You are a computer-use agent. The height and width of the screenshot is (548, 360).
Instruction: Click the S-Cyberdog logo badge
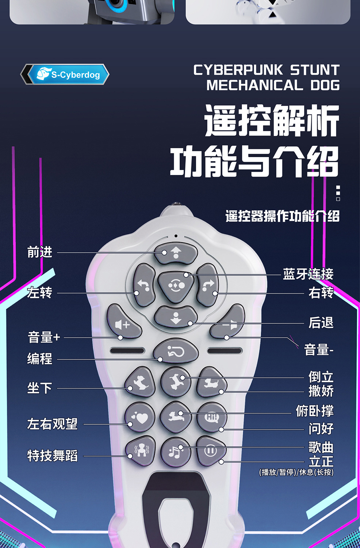pos(66,75)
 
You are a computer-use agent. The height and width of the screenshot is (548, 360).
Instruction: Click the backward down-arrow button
pos(176,317)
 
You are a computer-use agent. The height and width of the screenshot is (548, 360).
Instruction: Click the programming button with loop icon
pos(176,352)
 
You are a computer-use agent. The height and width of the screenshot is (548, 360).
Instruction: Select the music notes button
pos(176,452)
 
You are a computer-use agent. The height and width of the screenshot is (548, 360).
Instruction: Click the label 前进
pos(40,252)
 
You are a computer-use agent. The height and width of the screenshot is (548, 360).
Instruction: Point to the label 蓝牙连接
pos(308,274)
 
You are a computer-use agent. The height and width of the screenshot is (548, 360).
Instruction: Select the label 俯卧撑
pos(315,411)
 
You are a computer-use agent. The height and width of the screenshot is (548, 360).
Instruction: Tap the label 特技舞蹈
pos(53,456)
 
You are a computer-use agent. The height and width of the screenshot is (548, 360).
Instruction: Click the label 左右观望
pos(53,424)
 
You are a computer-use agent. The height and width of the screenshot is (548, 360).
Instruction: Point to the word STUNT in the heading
pos(315,70)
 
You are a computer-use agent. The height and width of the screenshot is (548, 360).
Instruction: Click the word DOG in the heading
pos(325,85)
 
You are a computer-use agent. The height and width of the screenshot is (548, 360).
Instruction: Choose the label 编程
pos(40,359)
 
